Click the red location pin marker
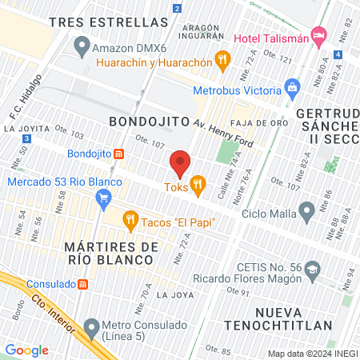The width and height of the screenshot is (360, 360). (x=180, y=163)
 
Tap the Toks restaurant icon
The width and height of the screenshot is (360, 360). (x=198, y=183)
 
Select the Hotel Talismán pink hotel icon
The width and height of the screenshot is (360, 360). (x=319, y=35)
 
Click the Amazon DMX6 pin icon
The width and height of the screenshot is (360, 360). (x=80, y=46)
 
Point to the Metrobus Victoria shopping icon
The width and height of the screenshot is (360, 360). (x=292, y=86)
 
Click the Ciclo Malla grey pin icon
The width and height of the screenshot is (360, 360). (x=306, y=211)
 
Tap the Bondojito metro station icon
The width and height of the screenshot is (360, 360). (x=118, y=154)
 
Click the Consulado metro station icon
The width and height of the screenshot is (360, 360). (x=82, y=284)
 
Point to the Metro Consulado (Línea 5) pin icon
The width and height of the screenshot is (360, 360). (x=90, y=326)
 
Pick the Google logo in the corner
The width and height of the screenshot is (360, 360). (x=26, y=350)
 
